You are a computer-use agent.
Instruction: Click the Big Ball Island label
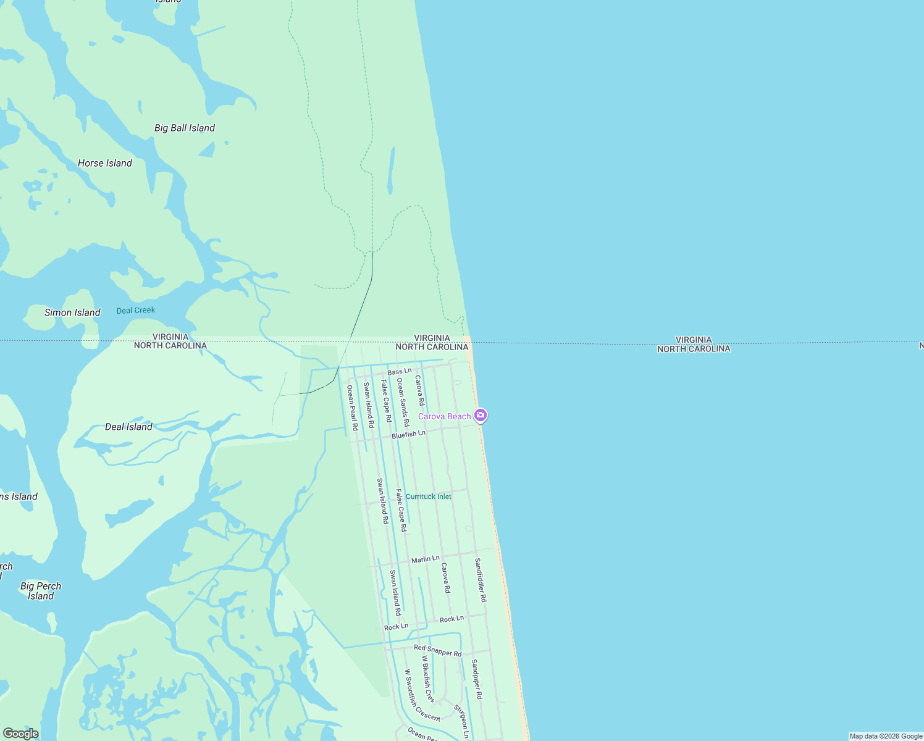point(185,128)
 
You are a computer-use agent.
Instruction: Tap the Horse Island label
point(105,163)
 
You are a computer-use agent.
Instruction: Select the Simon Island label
point(72,312)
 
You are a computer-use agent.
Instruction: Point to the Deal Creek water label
point(136,310)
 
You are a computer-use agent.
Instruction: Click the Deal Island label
point(128,427)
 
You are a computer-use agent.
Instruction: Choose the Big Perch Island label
point(41,591)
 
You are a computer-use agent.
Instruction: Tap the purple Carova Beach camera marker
point(481,416)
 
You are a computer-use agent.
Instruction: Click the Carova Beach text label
point(444,417)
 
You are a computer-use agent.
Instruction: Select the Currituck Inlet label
point(429,496)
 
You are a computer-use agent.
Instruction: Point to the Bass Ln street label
point(400,372)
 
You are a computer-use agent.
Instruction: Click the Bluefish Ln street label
point(408,435)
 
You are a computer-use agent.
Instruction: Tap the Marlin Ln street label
point(426,559)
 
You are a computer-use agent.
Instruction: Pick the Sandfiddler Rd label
point(481,580)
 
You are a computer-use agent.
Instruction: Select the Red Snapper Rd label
point(438,650)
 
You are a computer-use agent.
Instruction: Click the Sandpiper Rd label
point(477,679)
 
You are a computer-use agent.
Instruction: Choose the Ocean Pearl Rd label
point(352,408)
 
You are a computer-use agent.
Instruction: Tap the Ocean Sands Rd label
point(403,402)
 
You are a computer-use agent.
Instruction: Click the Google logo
point(20,734)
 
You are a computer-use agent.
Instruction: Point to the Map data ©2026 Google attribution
point(886,736)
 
